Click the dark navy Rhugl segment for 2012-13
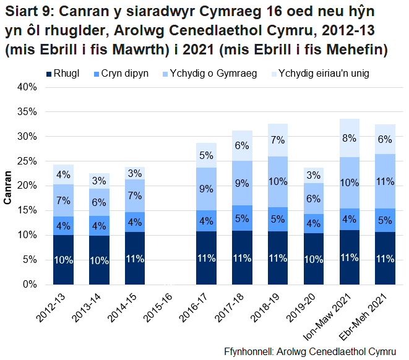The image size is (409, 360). point(63,260)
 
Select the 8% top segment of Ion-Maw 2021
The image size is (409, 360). point(350,138)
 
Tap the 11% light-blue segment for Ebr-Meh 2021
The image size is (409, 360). point(385,181)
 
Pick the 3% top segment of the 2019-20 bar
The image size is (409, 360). point(314,175)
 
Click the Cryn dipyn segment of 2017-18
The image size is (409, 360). point(243,218)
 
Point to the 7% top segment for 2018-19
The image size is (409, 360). point(278,140)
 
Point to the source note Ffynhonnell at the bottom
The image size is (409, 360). point(310,351)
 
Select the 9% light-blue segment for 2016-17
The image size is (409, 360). point(207,189)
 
